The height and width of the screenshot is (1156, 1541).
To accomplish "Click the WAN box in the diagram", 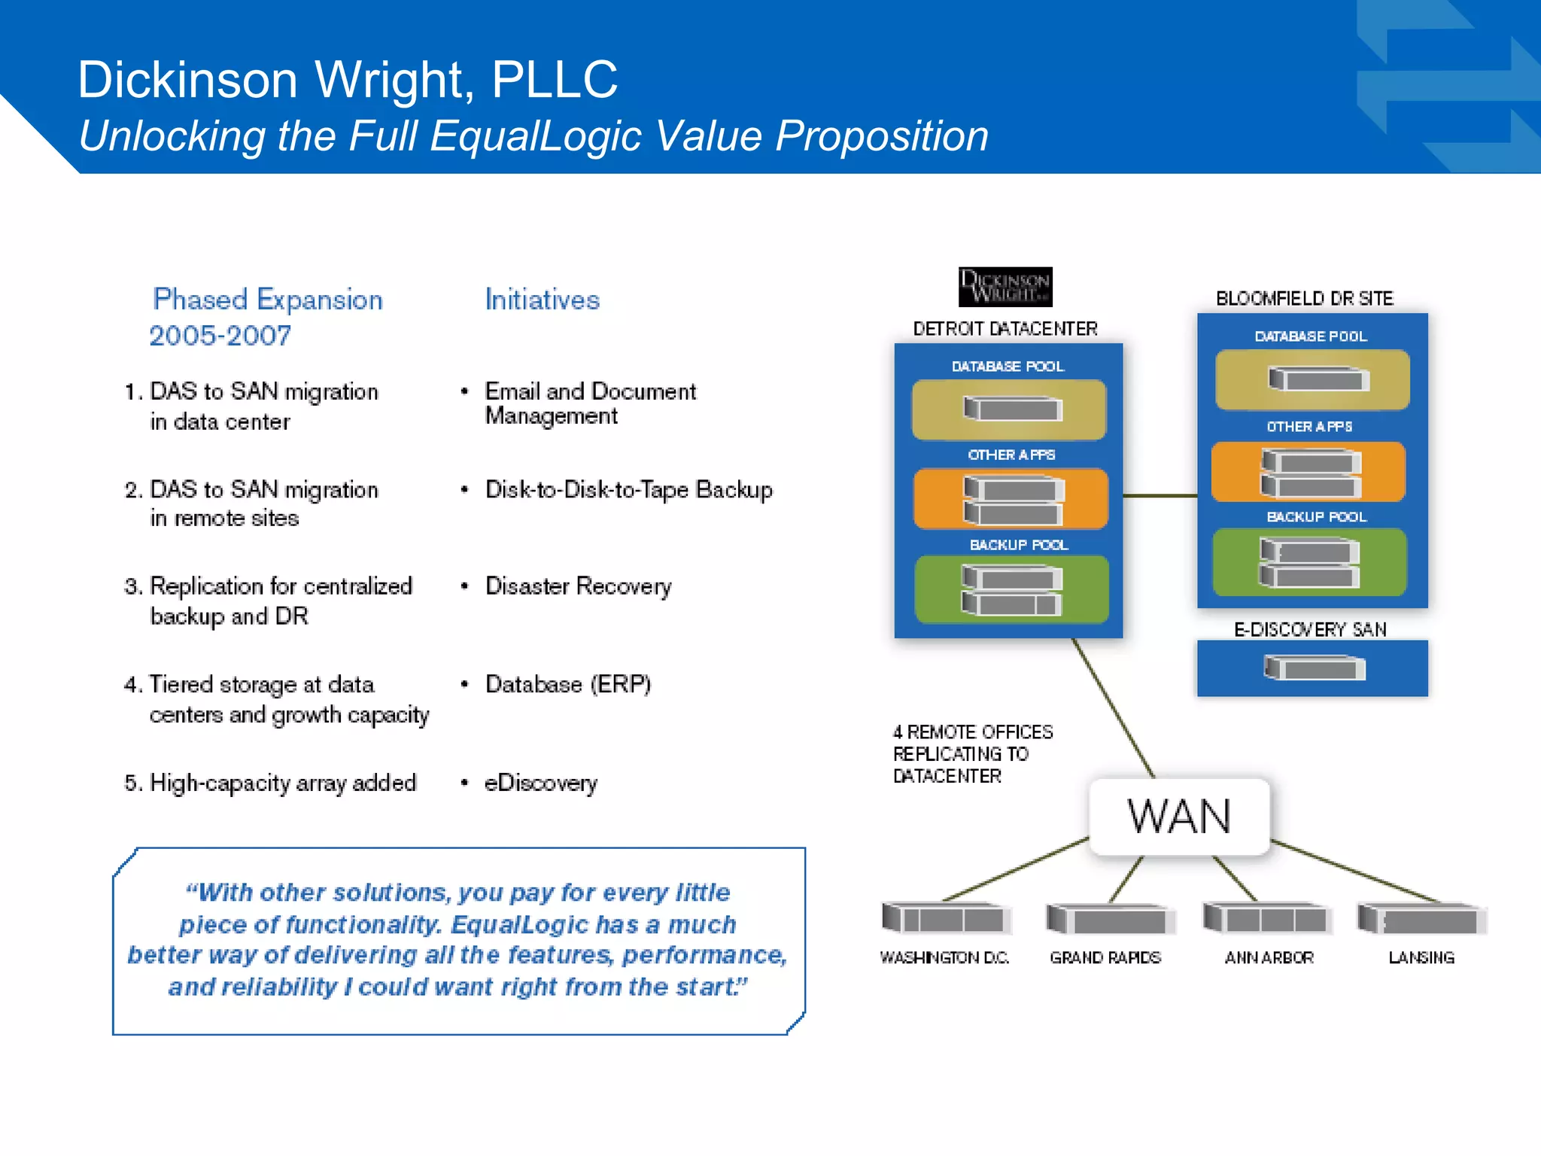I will tap(1179, 817).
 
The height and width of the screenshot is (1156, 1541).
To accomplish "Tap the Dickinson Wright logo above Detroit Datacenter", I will tap(1005, 287).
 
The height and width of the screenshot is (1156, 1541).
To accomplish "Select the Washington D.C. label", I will tap(944, 957).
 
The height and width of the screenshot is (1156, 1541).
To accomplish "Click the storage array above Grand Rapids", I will tap(1109, 919).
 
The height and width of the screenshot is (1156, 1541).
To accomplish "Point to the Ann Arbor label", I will tap(1269, 957).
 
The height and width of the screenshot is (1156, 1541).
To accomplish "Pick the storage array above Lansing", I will tap(1422, 919).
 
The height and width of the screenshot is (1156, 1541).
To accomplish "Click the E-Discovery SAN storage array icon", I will tap(1314, 668).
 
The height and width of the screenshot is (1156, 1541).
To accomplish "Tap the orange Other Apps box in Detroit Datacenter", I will tap(1011, 499).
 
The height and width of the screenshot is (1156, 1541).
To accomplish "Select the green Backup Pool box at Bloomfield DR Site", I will tap(1309, 562).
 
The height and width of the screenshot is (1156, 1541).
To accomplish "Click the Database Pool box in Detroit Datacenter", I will tap(1009, 409).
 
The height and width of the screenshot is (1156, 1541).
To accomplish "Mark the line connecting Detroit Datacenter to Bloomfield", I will tap(1160, 496).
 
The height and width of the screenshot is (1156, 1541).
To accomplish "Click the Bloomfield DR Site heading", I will tap(1304, 299).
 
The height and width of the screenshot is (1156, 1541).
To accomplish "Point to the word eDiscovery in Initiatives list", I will tap(540, 783).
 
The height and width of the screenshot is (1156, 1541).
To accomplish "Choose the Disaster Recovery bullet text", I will tap(578, 586).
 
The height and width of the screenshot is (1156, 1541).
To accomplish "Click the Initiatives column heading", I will tap(542, 300).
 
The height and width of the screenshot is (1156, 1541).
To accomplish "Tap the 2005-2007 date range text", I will tap(220, 336).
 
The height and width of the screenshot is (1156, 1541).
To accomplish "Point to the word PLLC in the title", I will tap(554, 79).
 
